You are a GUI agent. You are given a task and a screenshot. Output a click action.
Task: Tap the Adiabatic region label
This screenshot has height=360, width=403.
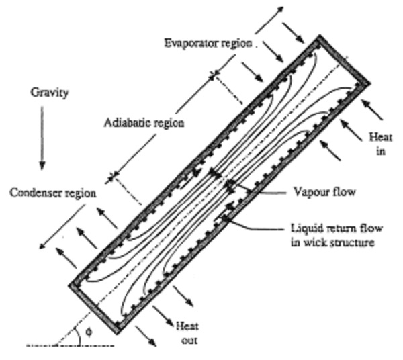pos(144,123)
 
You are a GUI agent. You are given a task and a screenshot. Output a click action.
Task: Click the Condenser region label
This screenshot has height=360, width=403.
pos(52,193)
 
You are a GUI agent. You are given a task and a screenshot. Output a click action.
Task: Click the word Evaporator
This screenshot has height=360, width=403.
pos(190,43)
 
